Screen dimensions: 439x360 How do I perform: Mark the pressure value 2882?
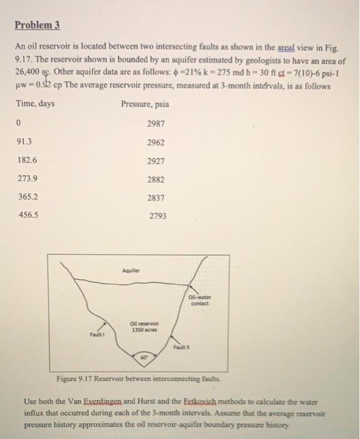pyautogui.click(x=156, y=179)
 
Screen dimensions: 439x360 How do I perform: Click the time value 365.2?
pyautogui.click(x=27, y=198)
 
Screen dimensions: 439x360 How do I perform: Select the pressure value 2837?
pyautogui.click(x=156, y=198)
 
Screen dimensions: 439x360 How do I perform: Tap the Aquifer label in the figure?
pyautogui.click(x=130, y=271)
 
